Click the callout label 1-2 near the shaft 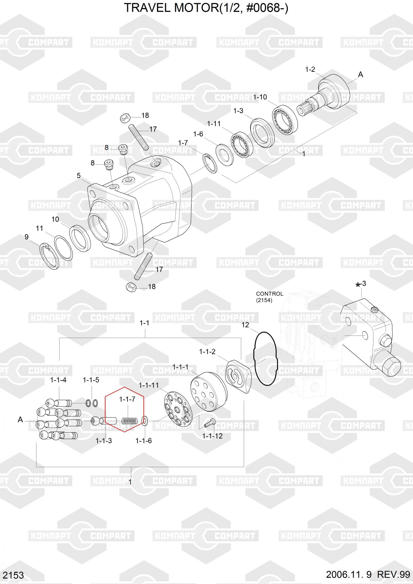click(310, 69)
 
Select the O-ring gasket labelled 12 click(265, 359)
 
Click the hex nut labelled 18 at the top click(125, 118)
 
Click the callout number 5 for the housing click(79, 176)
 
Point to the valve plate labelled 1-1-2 click(239, 376)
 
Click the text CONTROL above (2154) click(269, 294)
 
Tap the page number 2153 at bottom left click(13, 575)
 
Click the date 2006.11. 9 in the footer click(349, 575)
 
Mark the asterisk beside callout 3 click(358, 285)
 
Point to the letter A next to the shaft click(360, 75)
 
